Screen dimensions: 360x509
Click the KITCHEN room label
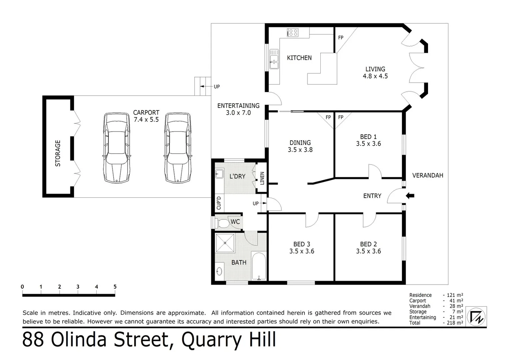tap(299, 58)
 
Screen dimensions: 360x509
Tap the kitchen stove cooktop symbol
tap(293, 32)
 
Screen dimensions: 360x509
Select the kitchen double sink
tap(274, 59)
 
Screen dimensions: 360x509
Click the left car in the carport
tap(116, 148)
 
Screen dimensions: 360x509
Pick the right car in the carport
tap(178, 148)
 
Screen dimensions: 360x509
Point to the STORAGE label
tap(58, 153)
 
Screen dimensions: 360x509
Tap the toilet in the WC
tap(222, 223)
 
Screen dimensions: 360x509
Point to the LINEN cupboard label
tap(262, 178)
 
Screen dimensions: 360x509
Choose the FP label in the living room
tap(341, 38)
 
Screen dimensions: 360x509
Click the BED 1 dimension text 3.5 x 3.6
tap(368, 144)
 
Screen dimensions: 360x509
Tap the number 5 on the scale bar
tap(115, 287)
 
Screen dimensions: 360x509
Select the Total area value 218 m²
tap(455, 323)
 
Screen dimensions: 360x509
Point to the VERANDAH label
tap(427, 175)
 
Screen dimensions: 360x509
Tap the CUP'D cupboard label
tap(219, 203)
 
